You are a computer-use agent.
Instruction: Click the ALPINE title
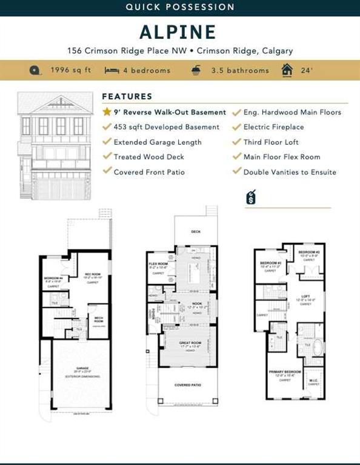[x=180, y=31]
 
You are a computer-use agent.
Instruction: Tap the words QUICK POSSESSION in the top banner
[x=180, y=7]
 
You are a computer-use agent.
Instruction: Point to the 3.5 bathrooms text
[x=239, y=70]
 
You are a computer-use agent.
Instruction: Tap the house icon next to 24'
[x=287, y=70]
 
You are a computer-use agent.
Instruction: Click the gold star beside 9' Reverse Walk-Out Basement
[x=107, y=112]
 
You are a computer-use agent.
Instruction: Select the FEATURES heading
[x=127, y=96]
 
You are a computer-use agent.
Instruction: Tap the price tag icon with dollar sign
[x=251, y=197]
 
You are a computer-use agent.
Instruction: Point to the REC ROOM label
[x=93, y=274]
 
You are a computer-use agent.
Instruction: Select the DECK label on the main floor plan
[x=196, y=231]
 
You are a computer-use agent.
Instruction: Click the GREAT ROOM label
[x=190, y=343]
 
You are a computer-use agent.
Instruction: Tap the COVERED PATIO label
[x=188, y=385]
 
